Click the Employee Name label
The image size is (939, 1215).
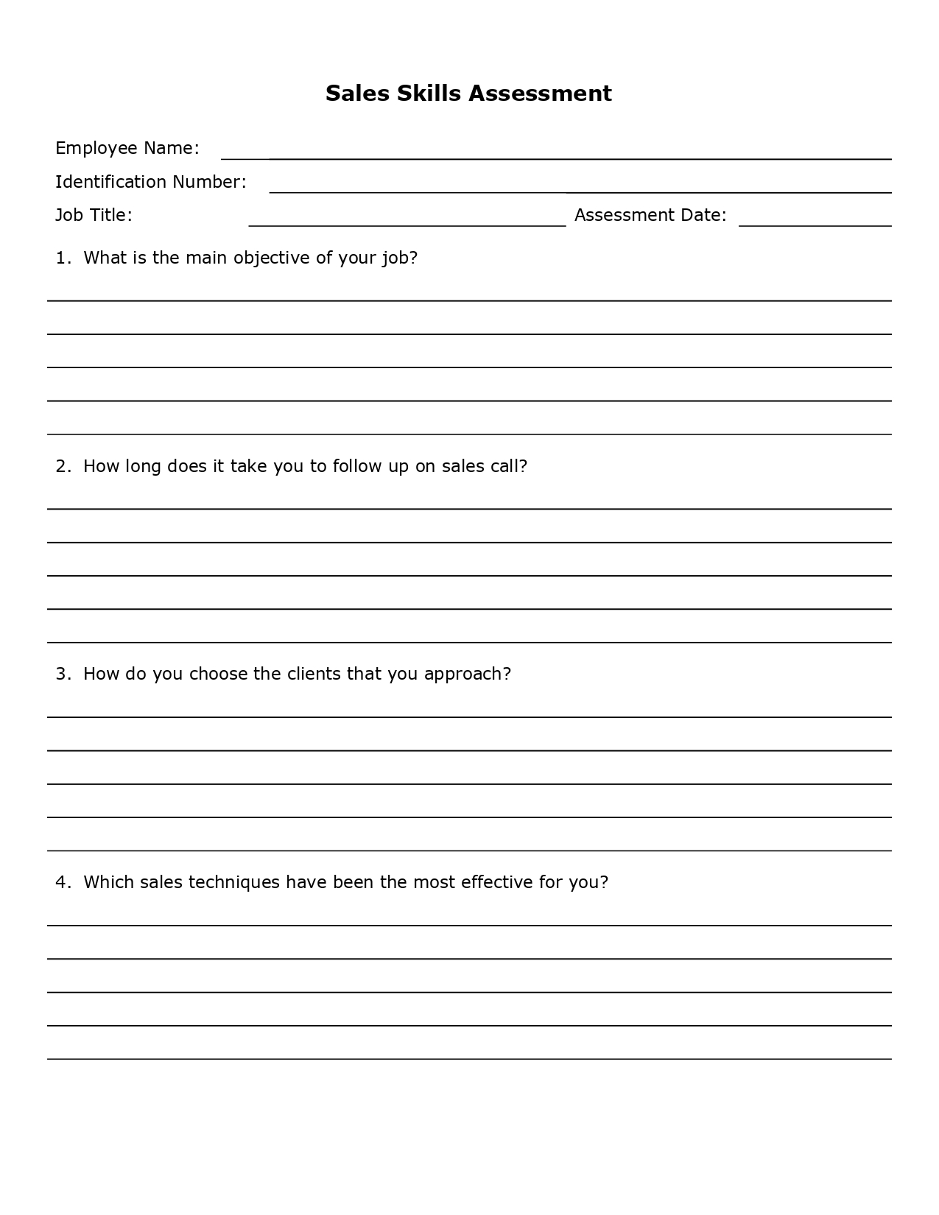[127, 148]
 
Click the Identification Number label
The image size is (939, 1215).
[150, 182]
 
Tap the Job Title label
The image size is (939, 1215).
[94, 215]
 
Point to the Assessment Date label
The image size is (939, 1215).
[650, 215]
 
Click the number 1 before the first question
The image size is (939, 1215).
[62, 258]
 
